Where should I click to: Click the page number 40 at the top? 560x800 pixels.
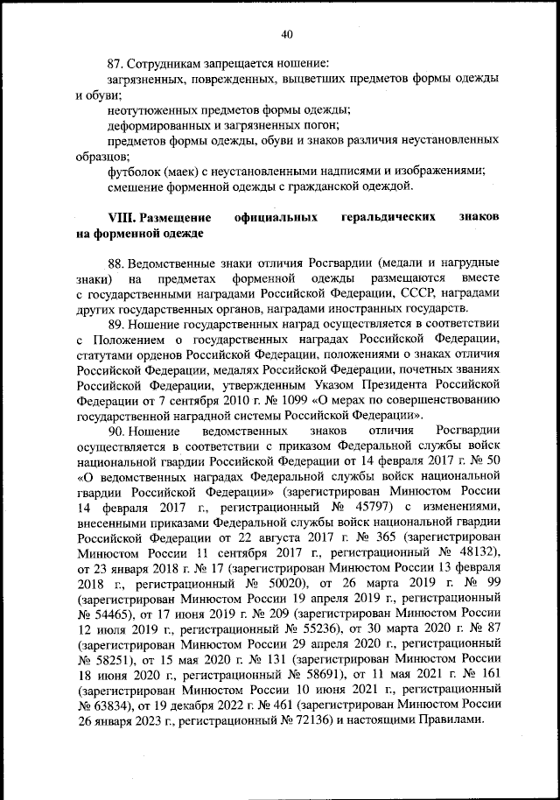click(x=286, y=34)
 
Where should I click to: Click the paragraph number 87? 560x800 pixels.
click(x=115, y=64)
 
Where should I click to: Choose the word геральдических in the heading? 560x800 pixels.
click(x=382, y=216)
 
